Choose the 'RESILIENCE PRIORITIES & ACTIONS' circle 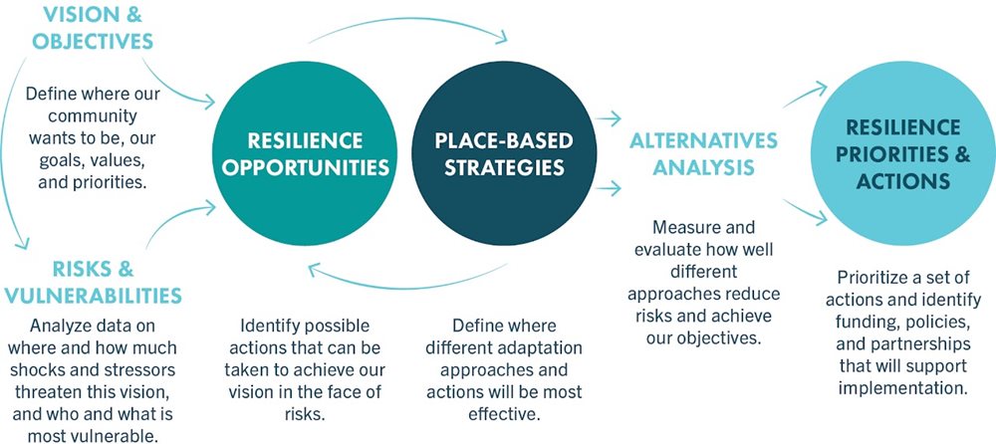coord(900,154)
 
